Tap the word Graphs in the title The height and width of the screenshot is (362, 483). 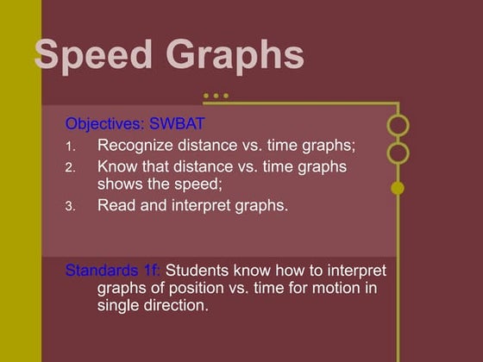(235, 56)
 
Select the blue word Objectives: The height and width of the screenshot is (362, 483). (103, 122)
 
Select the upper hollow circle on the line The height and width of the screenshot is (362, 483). (398, 125)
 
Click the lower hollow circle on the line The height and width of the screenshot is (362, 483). (398, 154)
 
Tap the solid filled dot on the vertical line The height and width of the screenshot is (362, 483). (398, 188)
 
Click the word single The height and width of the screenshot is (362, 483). (117, 305)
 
